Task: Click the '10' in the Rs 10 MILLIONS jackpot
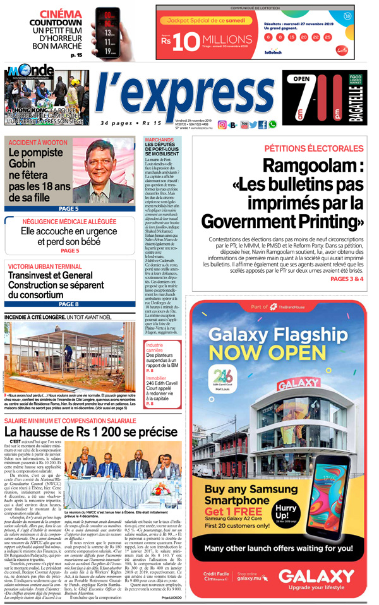(x=183, y=41)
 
